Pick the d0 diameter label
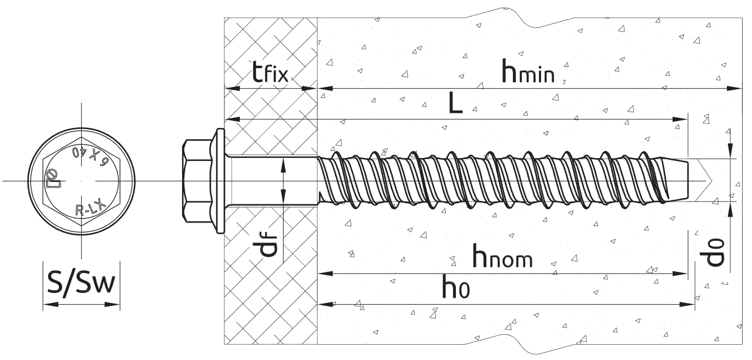click(715, 251)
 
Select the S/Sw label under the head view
click(82, 285)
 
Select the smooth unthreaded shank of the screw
click(270, 180)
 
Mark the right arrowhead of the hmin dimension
click(738, 89)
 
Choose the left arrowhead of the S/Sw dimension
click(47, 305)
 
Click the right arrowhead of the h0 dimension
click(691, 304)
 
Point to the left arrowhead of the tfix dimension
click(230, 89)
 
